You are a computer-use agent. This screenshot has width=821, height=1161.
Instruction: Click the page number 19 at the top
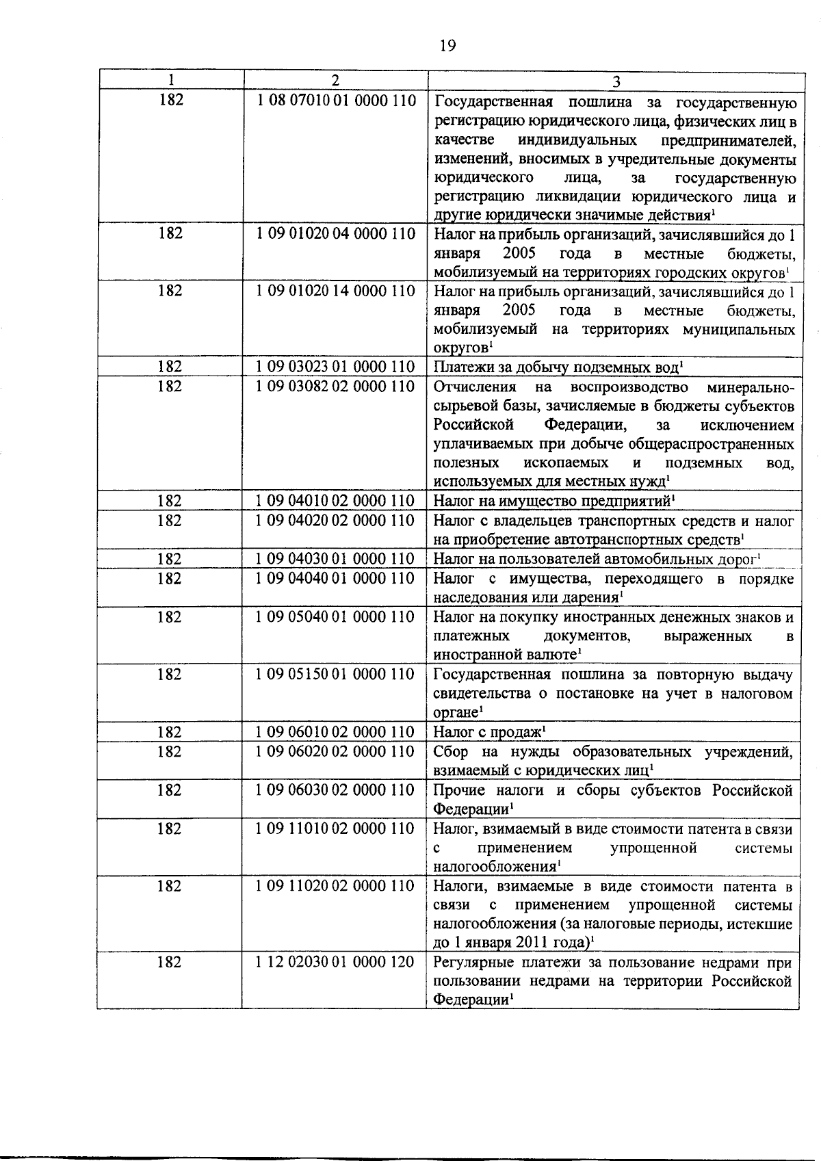446,46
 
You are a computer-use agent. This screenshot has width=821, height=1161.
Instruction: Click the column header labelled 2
335,79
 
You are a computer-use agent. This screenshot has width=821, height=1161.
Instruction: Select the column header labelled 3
616,81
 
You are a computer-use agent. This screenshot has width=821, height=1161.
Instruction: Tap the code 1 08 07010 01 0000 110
336,101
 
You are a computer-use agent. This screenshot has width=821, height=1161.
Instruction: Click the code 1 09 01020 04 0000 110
336,234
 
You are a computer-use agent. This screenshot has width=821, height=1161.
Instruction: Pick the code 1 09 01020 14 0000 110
336,291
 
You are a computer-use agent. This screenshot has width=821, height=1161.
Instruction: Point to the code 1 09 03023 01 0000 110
336,367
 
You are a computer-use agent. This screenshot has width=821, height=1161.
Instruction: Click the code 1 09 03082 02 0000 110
336,387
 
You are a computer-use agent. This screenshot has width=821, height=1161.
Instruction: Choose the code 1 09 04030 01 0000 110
336,559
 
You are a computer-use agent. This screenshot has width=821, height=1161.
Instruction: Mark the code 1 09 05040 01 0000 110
336,617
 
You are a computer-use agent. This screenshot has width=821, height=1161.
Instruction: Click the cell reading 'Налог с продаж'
489,733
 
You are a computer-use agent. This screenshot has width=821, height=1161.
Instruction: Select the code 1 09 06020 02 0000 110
336,752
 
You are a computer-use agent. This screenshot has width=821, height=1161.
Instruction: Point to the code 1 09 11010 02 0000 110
336,829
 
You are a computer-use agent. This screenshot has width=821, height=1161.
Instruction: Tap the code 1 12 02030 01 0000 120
336,963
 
